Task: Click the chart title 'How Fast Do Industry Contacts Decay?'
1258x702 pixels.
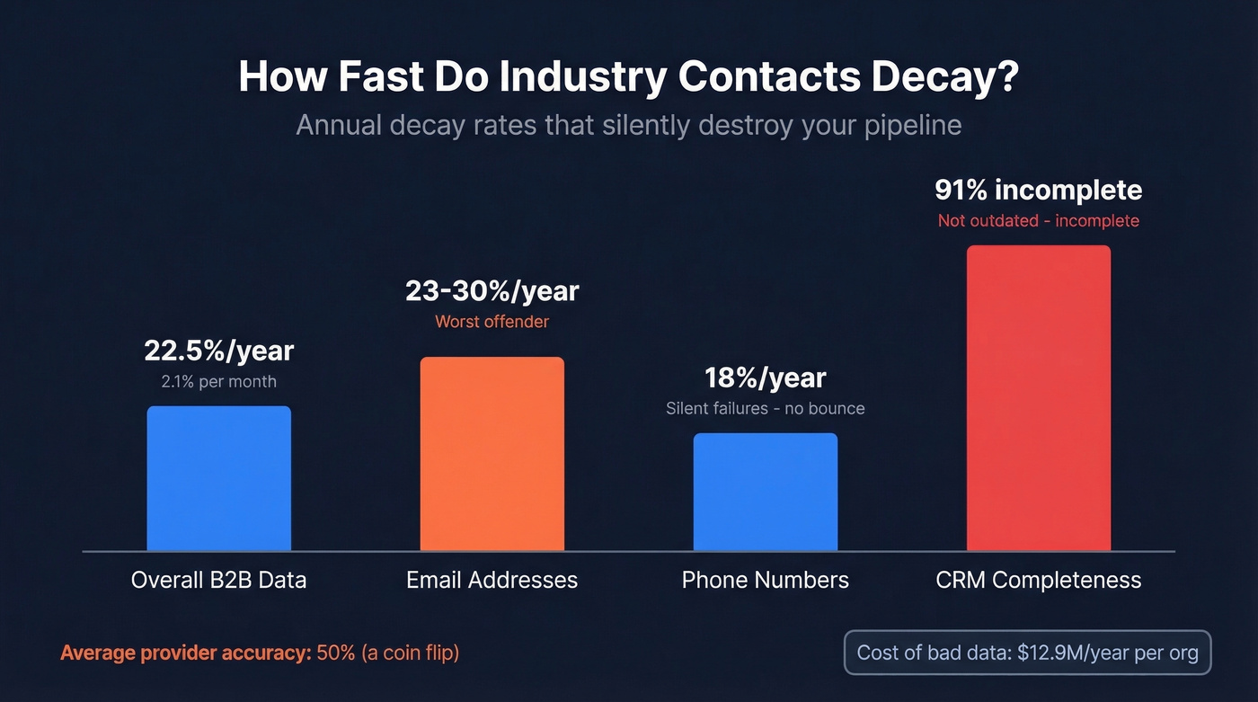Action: tap(628, 77)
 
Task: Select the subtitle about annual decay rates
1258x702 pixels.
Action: tap(628, 124)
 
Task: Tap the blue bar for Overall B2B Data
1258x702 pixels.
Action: tap(218, 478)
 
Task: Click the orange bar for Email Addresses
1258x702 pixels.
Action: tap(492, 454)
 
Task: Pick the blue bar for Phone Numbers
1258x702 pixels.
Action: tap(765, 492)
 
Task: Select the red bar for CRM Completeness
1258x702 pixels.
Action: tap(1038, 398)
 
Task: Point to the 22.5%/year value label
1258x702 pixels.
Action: tap(218, 351)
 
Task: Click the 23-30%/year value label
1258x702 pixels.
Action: tap(492, 291)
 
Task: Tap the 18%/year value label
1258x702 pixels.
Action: tap(765, 378)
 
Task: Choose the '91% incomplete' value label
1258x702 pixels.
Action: tap(1038, 190)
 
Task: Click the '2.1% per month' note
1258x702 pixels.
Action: tap(218, 382)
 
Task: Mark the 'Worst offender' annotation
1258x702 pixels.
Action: tap(492, 322)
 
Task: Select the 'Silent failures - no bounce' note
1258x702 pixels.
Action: tap(765, 409)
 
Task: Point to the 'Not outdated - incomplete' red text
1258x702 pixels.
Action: tap(1038, 221)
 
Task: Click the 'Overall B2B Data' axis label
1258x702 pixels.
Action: tap(218, 580)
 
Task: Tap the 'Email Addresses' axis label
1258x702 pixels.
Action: tap(492, 580)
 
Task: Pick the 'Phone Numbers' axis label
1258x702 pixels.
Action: tap(765, 580)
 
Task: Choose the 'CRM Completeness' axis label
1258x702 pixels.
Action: tap(1038, 580)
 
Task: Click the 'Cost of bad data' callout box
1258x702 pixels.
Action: tap(1027, 653)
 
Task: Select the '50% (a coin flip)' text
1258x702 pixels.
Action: tap(388, 653)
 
